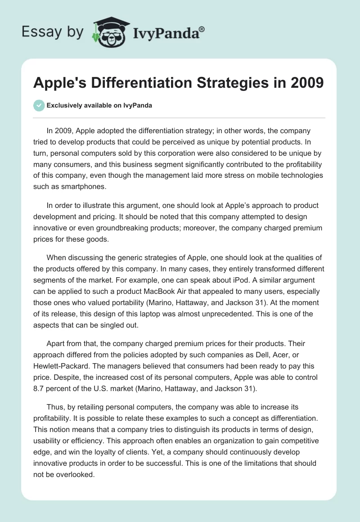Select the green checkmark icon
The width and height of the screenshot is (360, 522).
(39, 105)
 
